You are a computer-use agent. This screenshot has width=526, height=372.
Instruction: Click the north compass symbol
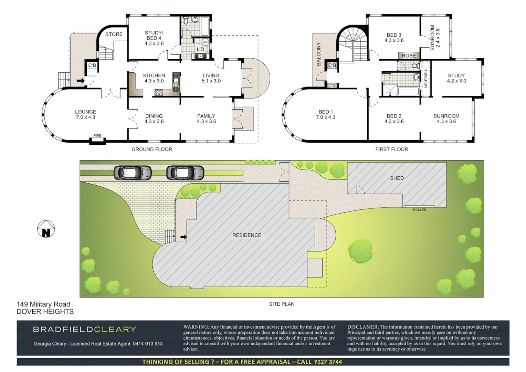tap(46, 229)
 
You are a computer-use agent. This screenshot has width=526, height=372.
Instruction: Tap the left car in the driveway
tap(133, 173)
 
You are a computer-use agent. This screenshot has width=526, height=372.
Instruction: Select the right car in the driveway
tap(185, 173)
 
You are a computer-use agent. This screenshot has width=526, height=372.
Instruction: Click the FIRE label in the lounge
tap(97, 136)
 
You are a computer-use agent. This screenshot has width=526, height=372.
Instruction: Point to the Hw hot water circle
tap(205, 42)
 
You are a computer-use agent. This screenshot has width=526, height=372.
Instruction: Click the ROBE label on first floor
tap(409, 56)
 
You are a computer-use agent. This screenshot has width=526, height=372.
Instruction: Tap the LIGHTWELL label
tap(426, 78)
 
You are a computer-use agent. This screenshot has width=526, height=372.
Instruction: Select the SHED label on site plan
tap(397, 178)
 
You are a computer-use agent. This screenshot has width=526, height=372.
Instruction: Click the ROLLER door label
tap(419, 210)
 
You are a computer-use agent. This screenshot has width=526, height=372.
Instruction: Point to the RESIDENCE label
tap(246, 235)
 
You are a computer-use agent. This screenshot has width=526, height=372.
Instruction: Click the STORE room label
tap(114, 34)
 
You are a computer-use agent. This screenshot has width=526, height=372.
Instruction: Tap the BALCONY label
tap(319, 54)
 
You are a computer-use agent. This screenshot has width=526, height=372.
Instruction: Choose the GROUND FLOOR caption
tap(152, 149)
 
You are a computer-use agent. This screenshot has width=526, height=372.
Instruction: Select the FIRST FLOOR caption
tap(391, 149)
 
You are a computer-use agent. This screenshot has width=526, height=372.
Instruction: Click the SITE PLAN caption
tap(282, 304)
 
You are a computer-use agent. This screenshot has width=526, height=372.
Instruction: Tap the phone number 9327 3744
tap(328, 362)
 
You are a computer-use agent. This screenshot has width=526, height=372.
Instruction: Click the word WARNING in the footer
tap(196, 327)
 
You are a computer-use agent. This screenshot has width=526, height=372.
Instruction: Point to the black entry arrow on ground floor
tap(81, 81)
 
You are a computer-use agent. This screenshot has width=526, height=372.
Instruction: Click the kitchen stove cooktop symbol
tap(159, 92)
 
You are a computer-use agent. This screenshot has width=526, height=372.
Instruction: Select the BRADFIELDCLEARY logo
tap(85, 329)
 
